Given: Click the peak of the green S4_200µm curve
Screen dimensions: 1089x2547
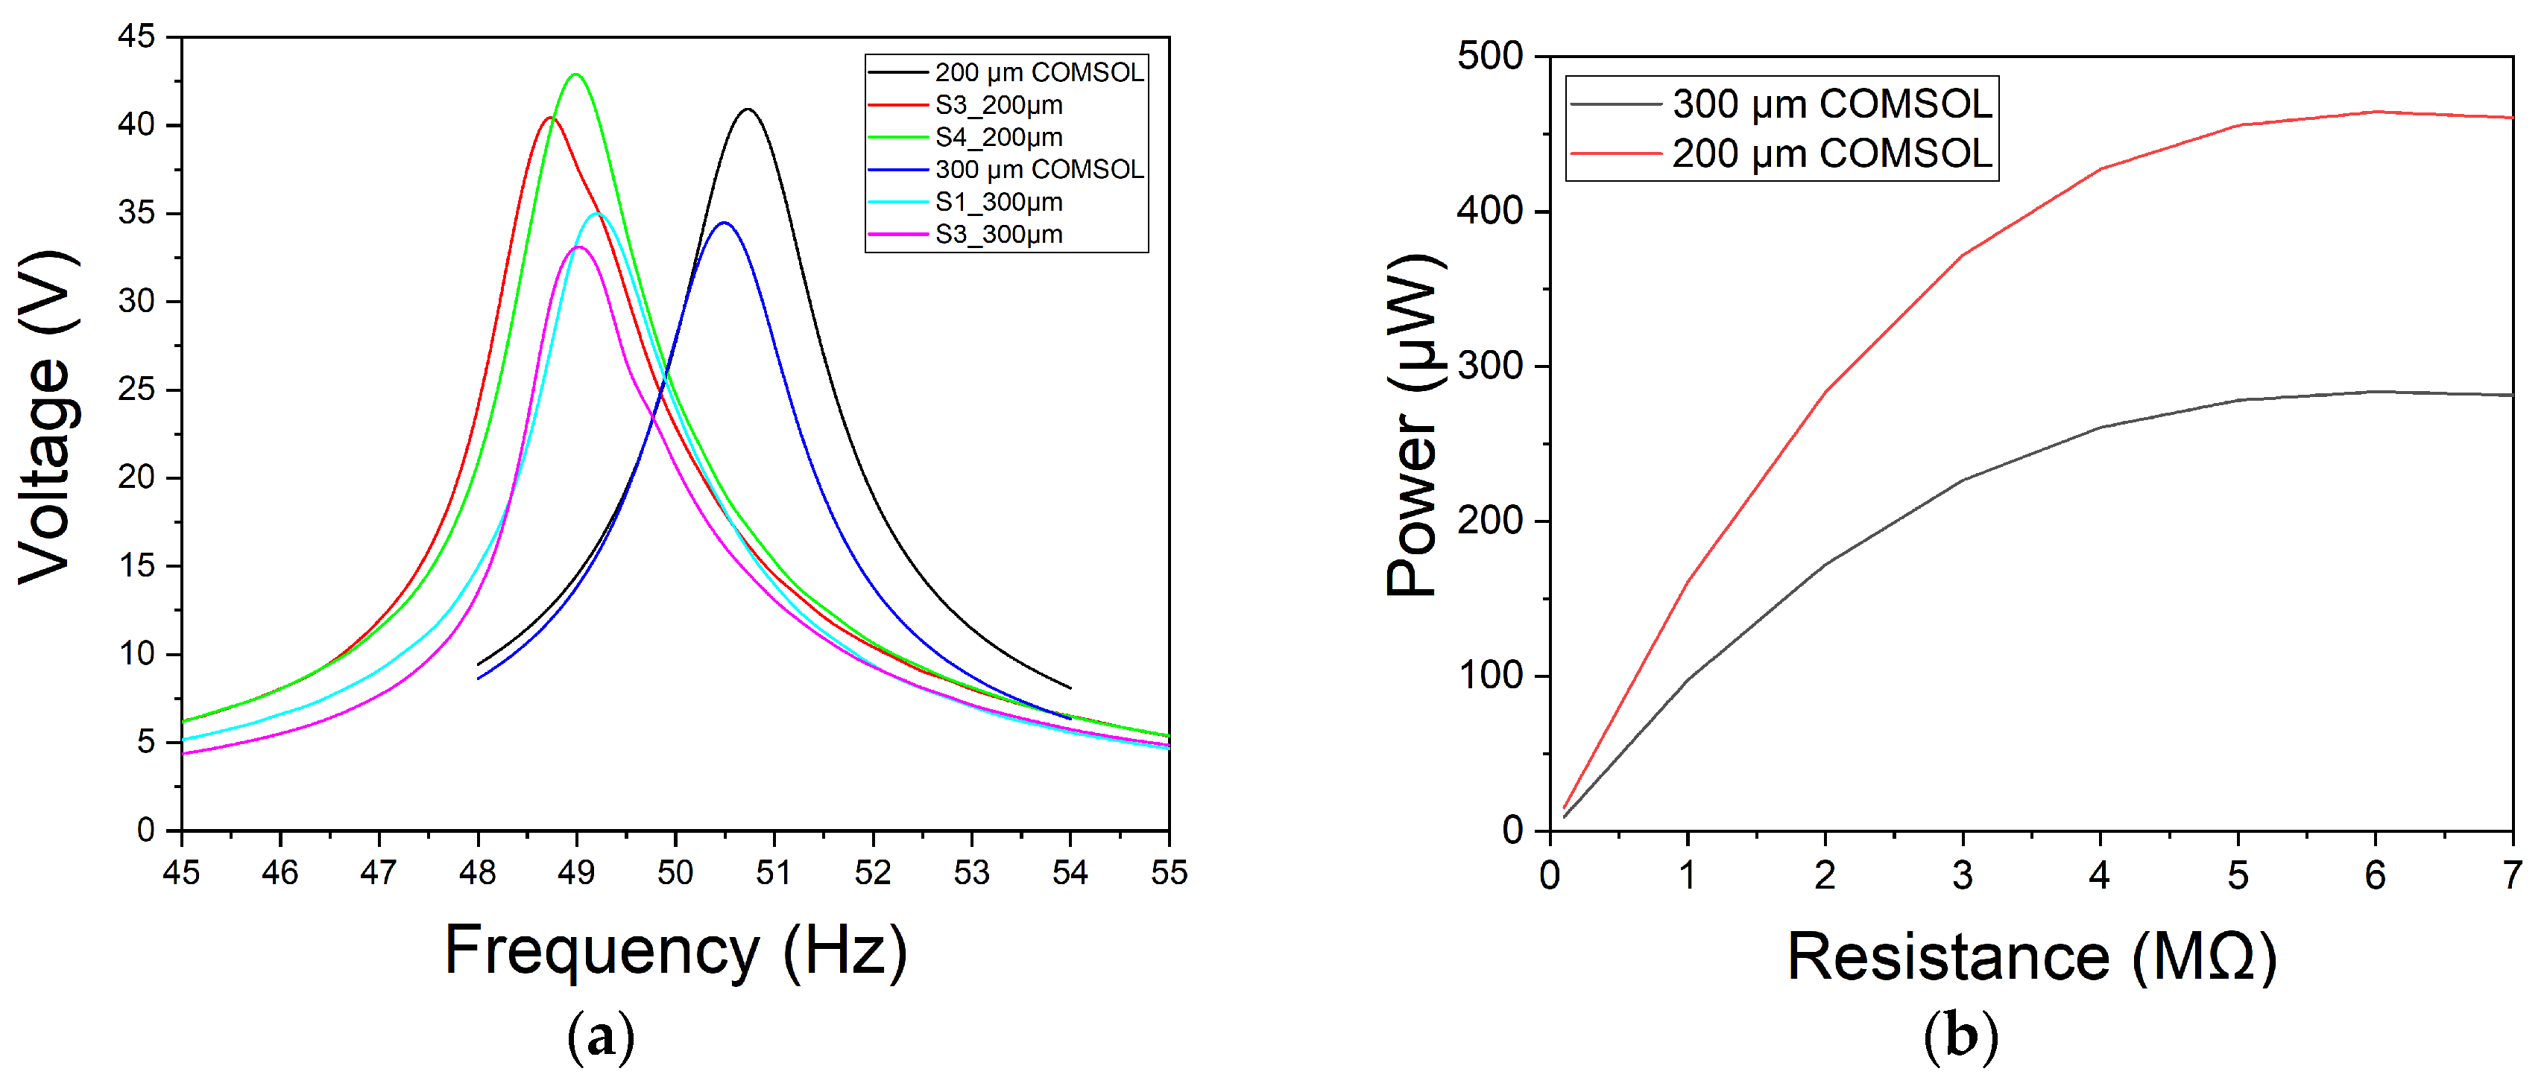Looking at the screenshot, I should coord(575,74).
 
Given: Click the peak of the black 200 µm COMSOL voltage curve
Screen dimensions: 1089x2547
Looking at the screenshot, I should coord(748,109).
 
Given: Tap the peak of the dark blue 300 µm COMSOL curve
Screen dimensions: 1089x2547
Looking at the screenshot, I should coord(724,223).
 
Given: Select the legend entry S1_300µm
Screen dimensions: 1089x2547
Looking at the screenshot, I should coord(999,202).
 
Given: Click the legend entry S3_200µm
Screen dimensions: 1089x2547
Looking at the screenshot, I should coord(999,105).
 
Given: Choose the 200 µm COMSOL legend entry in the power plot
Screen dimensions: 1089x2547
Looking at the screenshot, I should coord(1831,153).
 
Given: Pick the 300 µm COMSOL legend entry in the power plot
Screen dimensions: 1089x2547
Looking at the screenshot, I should coord(1831,103).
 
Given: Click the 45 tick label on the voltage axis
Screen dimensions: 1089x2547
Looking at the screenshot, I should coord(136,36).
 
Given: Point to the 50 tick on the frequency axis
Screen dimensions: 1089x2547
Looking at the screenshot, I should coord(675,871).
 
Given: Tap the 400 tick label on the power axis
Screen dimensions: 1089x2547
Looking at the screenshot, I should coord(1490,211).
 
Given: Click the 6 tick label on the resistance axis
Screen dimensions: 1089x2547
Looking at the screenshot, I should coord(2375,875).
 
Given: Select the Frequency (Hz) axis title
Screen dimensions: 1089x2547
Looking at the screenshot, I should coord(675,950).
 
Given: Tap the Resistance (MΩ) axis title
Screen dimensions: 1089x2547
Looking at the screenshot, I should coord(2031,956).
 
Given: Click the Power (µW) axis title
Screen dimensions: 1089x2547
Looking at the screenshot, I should coord(1414,425).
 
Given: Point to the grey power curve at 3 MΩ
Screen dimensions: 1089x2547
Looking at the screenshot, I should coord(1963,480).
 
